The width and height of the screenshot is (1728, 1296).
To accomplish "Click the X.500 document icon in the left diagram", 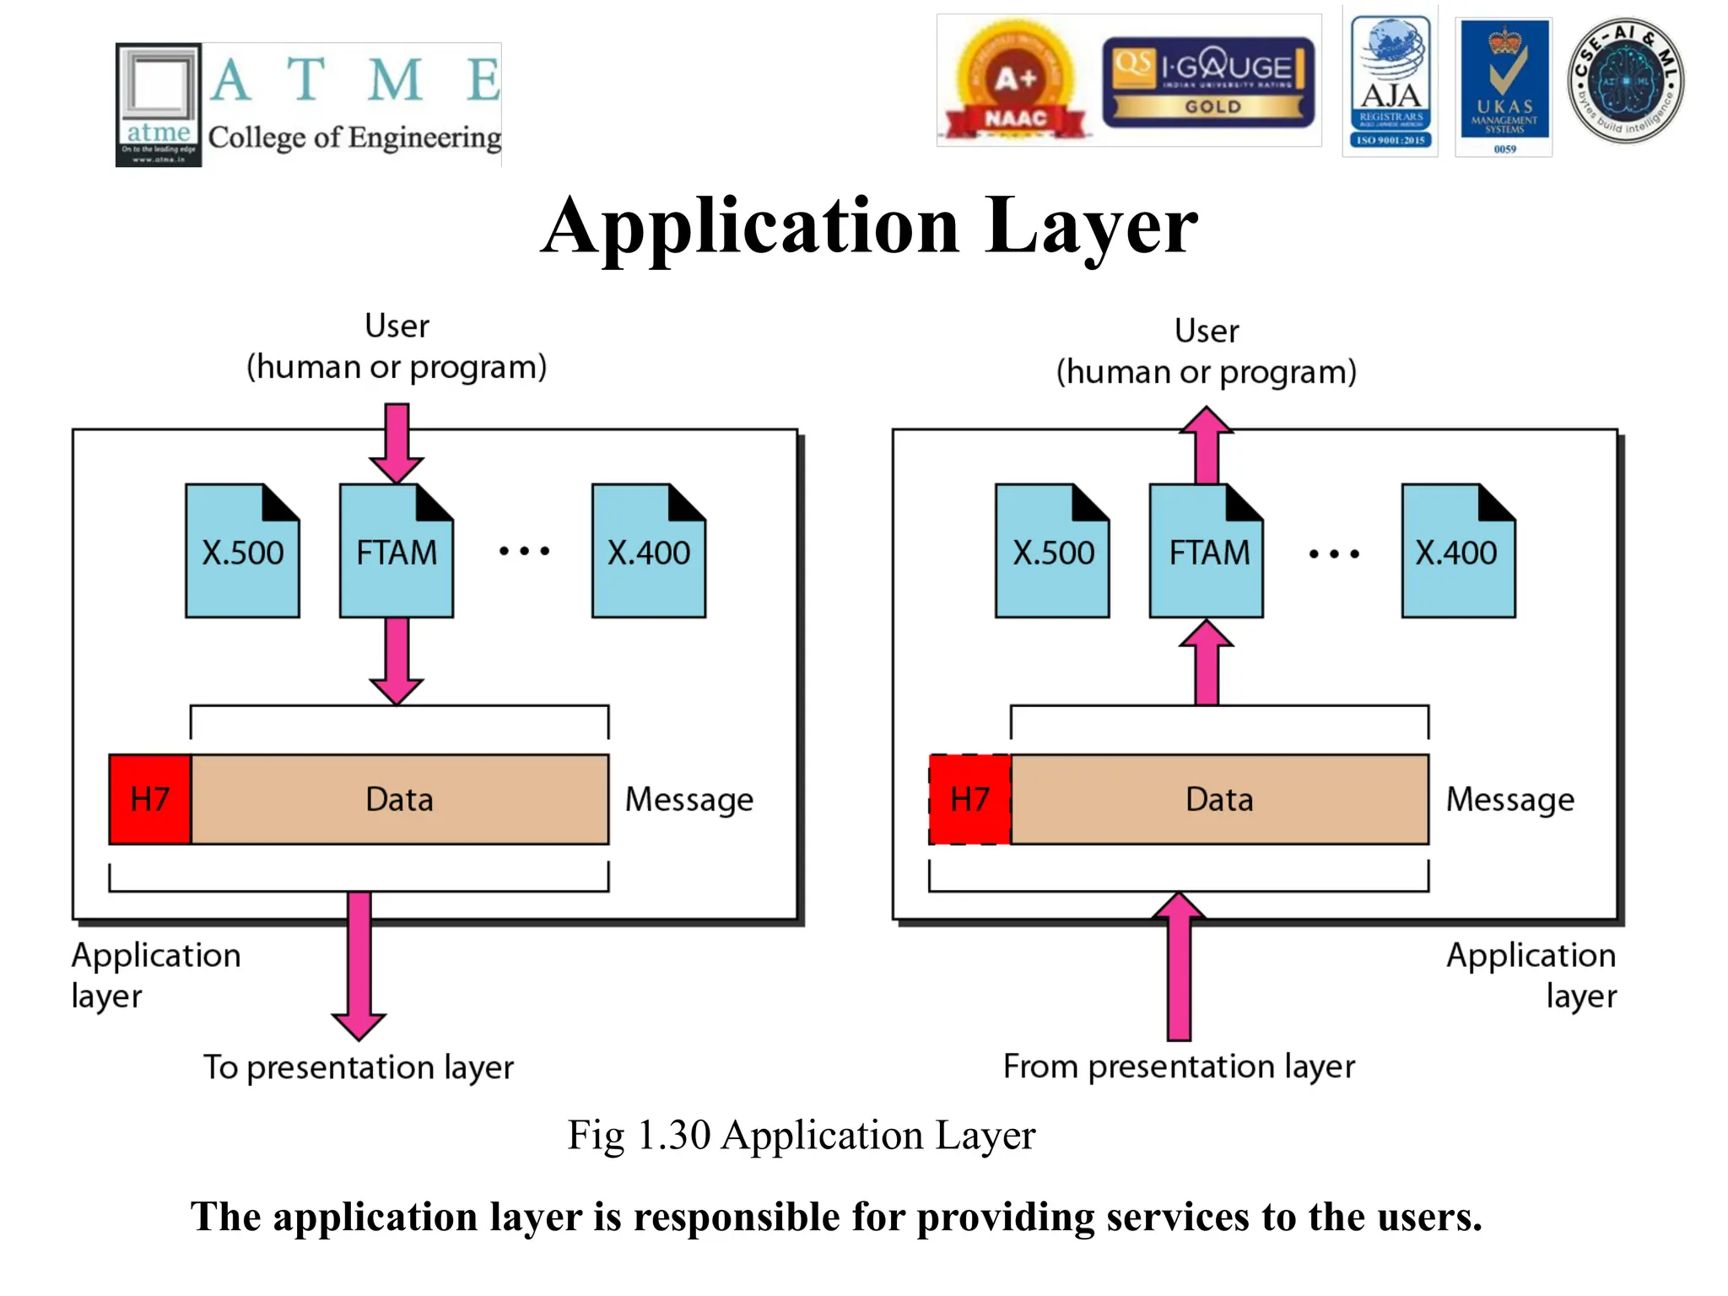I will click(x=242, y=551).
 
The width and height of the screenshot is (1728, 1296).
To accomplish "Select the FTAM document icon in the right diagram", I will click(x=1207, y=551).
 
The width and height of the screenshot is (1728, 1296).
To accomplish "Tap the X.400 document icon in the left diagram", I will click(x=648, y=551).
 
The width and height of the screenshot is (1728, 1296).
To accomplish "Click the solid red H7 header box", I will click(x=150, y=799).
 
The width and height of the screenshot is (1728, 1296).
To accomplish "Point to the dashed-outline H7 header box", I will click(x=969, y=799).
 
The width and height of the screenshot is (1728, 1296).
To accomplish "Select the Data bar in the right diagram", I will click(x=1219, y=799).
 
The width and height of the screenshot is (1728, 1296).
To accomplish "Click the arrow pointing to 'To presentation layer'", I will click(x=359, y=962).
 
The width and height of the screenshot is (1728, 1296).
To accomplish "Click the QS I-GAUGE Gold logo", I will click(x=1207, y=82).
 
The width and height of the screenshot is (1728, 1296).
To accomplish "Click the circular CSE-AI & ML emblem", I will click(x=1625, y=80).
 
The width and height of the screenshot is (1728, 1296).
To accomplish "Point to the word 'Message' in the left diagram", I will click(x=688, y=800).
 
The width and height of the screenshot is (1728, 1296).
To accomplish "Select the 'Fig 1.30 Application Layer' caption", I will click(x=801, y=1135).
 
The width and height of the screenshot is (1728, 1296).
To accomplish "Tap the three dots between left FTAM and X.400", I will click(x=524, y=551).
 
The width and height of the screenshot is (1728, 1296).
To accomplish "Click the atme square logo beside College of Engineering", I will click(x=159, y=105).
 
